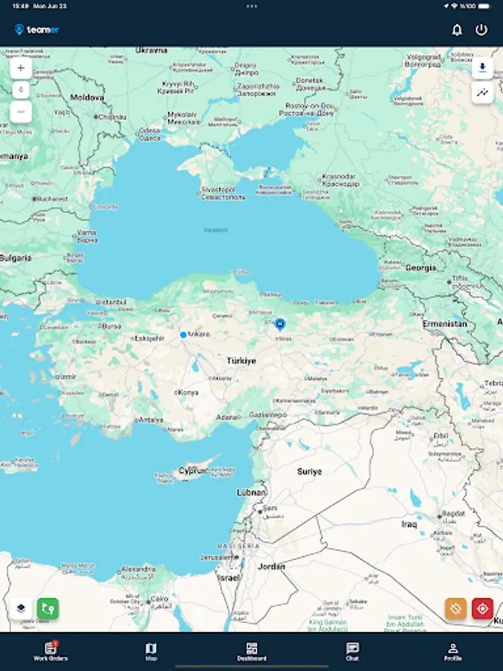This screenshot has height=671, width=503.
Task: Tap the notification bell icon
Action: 457,30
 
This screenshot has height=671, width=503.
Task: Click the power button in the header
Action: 481,30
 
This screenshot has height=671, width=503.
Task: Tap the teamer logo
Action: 37,30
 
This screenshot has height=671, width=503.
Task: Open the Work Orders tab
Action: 51,652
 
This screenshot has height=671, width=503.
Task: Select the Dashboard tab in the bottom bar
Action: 252,652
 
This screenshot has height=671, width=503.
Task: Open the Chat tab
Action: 352,652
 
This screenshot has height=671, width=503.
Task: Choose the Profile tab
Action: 452,652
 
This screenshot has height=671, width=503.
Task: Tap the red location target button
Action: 482,608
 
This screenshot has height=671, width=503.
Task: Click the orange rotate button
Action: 456,608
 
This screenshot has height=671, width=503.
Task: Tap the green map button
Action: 48,608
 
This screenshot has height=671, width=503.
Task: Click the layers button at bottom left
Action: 21,608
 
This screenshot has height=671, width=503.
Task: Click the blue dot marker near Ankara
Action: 183,335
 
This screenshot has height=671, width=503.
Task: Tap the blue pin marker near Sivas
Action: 280,324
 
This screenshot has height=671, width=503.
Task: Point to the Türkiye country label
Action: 241,361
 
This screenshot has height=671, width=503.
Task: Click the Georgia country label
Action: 420,268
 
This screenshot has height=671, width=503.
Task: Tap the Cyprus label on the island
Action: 192,471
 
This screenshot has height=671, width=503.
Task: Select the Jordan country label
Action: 271,567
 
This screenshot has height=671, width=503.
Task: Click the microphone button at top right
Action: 482,68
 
